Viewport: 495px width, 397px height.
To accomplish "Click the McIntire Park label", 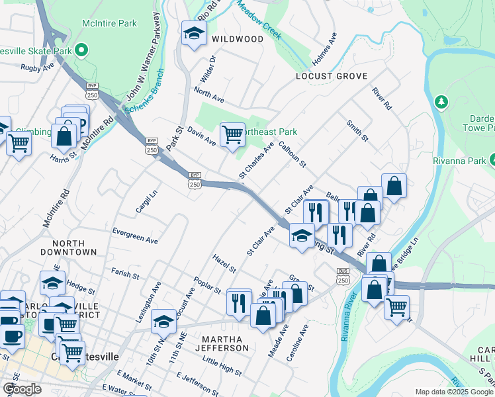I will (x=109, y=23).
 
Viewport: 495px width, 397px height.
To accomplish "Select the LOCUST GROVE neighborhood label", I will (x=331, y=77).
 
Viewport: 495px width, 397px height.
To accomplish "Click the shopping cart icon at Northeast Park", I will (x=232, y=135).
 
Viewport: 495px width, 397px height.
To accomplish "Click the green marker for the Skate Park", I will (x=81, y=50).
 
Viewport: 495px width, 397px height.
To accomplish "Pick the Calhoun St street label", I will (x=293, y=154).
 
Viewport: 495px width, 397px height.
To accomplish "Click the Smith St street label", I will (x=357, y=130).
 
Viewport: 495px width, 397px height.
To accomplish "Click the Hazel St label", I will (x=224, y=263).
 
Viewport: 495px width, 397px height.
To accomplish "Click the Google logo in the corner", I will (x=22, y=389).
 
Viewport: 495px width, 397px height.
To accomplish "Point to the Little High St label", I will (x=222, y=361).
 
